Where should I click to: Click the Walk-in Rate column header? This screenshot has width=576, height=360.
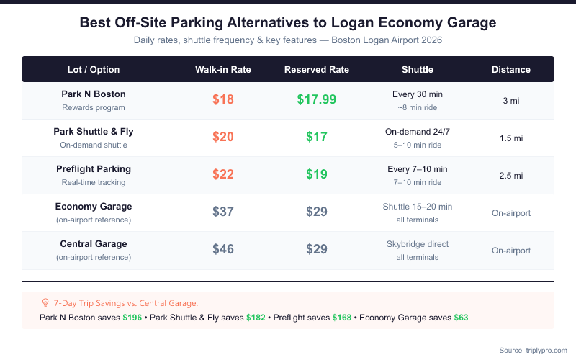[223, 70]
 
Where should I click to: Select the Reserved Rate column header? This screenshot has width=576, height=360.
[317, 70]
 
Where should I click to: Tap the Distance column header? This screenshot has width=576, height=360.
[511, 70]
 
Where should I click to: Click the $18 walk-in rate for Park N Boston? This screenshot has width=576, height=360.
[223, 100]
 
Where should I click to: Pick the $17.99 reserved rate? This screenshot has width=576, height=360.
[317, 100]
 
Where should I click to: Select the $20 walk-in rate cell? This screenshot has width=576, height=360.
[223, 138]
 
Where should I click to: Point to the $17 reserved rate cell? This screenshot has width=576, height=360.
[317, 138]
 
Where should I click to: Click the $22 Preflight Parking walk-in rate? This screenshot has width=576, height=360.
[223, 175]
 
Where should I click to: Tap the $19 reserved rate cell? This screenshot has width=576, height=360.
[317, 175]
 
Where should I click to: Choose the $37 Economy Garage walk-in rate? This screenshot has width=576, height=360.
[223, 212]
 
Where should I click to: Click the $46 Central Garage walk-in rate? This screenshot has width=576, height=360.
[223, 250]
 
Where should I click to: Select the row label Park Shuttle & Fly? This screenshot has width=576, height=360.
[94, 132]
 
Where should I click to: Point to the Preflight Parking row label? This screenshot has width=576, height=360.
[94, 169]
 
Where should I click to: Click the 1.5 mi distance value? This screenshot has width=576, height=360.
[511, 138]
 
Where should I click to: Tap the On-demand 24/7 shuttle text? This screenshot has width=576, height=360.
[418, 132]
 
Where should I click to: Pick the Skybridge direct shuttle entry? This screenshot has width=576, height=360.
[418, 244]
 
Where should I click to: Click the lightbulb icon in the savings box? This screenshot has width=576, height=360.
[45, 303]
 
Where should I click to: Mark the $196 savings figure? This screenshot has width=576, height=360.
[132, 318]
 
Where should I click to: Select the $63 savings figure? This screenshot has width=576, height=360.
[462, 318]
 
